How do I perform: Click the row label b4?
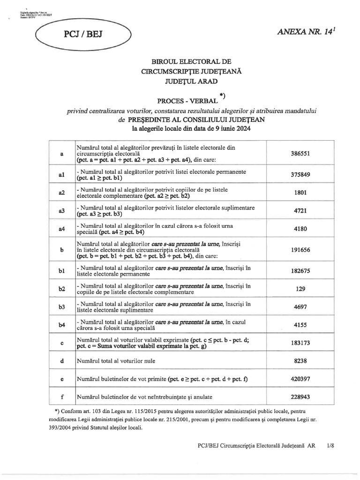pyautogui.click(x=61, y=325)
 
